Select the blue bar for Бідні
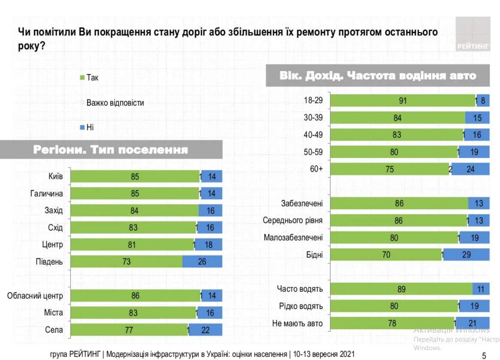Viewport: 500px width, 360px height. coord(467,255)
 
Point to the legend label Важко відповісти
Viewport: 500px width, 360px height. coord(115,103)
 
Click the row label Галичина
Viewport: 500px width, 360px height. coord(47,194)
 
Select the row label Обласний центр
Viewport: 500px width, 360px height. coord(35,296)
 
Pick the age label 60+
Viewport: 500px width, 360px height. coord(317,169)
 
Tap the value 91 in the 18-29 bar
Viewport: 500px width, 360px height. coord(402,101)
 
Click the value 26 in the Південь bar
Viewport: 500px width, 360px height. coord(202,261)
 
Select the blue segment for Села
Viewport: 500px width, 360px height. coord(206,330)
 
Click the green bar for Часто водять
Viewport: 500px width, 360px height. coord(401,289)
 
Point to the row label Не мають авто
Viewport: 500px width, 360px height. coord(297,324)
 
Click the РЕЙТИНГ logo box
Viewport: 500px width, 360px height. coord(473,34)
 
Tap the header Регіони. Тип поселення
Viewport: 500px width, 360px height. coord(111,150)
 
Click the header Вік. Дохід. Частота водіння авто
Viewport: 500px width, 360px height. coord(378,76)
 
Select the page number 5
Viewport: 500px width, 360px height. coord(484,355)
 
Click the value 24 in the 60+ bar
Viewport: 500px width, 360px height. coord(471,169)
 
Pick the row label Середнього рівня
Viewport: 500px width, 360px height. coord(293,221)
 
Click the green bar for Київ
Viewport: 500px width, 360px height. coord(135,176)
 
